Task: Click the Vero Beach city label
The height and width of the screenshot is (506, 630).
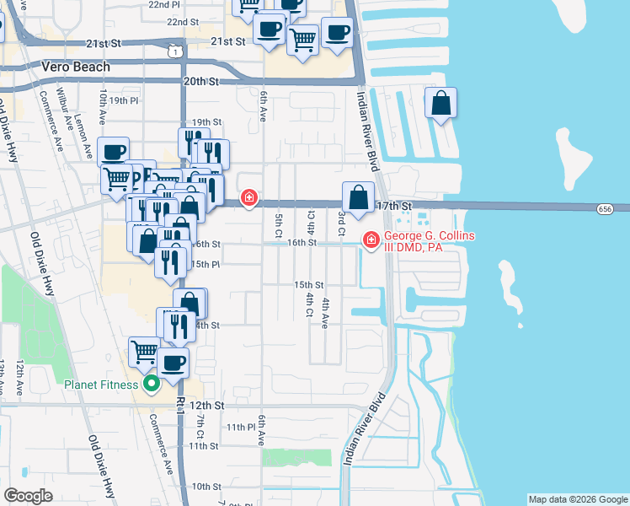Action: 75,67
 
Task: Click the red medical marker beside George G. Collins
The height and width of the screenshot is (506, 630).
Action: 370,240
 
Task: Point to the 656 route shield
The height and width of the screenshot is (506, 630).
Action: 604,207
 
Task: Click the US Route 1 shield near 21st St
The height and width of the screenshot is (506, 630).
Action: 173,51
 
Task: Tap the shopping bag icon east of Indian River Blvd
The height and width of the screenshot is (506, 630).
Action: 441,105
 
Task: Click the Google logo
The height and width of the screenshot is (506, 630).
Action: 29,496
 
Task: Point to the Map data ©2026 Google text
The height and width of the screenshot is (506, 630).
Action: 577,499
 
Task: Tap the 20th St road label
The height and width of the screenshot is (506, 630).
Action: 200,82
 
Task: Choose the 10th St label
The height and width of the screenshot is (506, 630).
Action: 206,487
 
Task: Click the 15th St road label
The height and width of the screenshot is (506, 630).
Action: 308,285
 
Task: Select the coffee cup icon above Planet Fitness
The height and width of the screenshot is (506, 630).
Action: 174,363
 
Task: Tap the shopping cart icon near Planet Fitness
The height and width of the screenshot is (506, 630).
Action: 145,351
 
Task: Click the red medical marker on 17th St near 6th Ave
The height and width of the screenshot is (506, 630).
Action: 248,198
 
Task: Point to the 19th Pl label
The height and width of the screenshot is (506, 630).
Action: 123,100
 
